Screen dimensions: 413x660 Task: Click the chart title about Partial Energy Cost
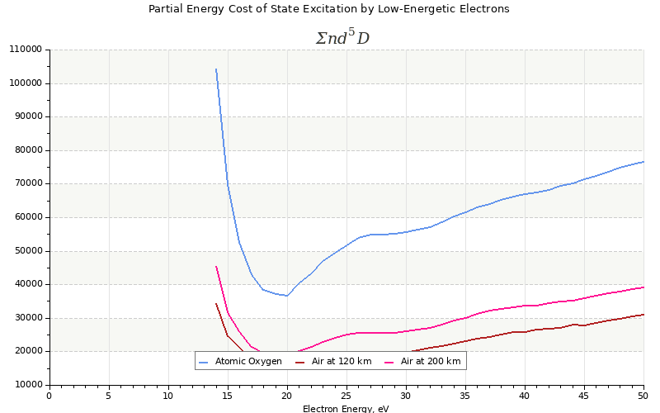[x=328, y=9]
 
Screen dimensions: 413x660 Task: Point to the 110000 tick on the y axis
[x=25, y=50]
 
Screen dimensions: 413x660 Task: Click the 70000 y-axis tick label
[x=27, y=184]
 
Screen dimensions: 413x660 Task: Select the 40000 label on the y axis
[x=27, y=285]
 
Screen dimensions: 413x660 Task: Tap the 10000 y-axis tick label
[x=27, y=385]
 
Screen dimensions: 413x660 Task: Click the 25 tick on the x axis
[x=346, y=396]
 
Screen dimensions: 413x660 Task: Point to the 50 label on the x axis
[x=643, y=396]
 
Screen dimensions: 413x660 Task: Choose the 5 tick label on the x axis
[x=109, y=396]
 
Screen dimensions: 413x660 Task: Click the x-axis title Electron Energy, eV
[x=346, y=408]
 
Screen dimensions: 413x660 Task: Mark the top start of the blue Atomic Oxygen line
[x=216, y=69]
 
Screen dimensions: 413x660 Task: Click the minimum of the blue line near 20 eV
[x=287, y=296]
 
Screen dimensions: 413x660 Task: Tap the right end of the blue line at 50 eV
[x=643, y=162]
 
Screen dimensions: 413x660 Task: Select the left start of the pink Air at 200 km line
[x=216, y=267]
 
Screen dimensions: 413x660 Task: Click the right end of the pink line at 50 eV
[x=643, y=287]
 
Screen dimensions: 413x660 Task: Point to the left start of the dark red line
[x=216, y=304]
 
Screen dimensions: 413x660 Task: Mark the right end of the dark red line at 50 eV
[x=643, y=315]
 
